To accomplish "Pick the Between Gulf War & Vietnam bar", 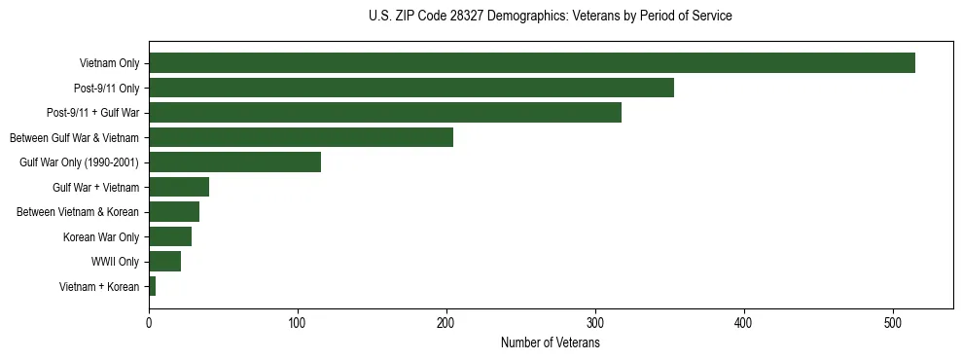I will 301,137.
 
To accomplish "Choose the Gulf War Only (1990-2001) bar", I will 234,162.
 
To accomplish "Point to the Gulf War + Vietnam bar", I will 179,187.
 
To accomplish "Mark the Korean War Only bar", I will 170,236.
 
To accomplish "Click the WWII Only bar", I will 164,261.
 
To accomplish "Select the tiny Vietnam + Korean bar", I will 153,286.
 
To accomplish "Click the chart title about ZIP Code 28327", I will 550,16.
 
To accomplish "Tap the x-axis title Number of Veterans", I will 550,342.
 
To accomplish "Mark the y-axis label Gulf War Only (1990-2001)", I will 79,162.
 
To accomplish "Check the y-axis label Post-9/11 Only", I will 106,89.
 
